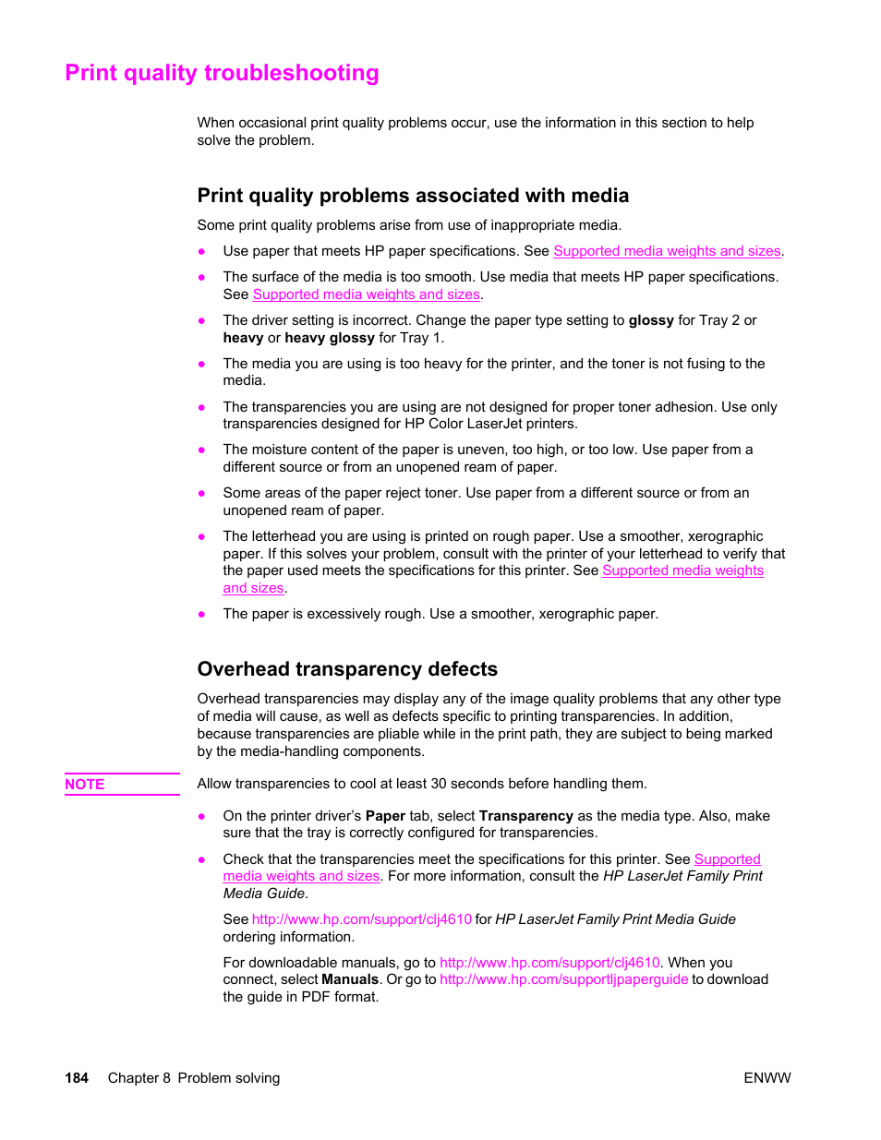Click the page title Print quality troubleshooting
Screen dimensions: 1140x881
click(x=222, y=73)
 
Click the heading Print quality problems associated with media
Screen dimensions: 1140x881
click(x=413, y=196)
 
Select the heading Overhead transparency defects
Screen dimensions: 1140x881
click(x=347, y=669)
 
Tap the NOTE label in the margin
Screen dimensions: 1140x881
click(x=85, y=785)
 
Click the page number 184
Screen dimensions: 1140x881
click(x=77, y=1078)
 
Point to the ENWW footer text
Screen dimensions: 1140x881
click(x=766, y=1078)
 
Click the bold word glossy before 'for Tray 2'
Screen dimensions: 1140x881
click(x=651, y=320)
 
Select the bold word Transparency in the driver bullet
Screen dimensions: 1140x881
click(x=525, y=816)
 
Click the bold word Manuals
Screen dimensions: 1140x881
click(x=350, y=979)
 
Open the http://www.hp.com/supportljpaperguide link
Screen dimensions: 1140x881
click(x=563, y=979)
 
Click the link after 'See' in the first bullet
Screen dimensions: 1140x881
click(x=667, y=251)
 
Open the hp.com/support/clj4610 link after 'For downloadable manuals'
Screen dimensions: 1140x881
click(x=549, y=963)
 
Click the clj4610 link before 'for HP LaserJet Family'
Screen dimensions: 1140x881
click(x=361, y=919)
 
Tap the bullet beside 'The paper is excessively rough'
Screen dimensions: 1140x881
click(x=201, y=614)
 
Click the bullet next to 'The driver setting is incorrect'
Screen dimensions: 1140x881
click(x=201, y=320)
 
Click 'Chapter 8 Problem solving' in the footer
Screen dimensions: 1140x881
click(x=193, y=1078)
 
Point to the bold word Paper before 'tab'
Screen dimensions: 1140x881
click(x=385, y=816)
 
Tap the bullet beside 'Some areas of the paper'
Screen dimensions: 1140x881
click(x=201, y=493)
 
